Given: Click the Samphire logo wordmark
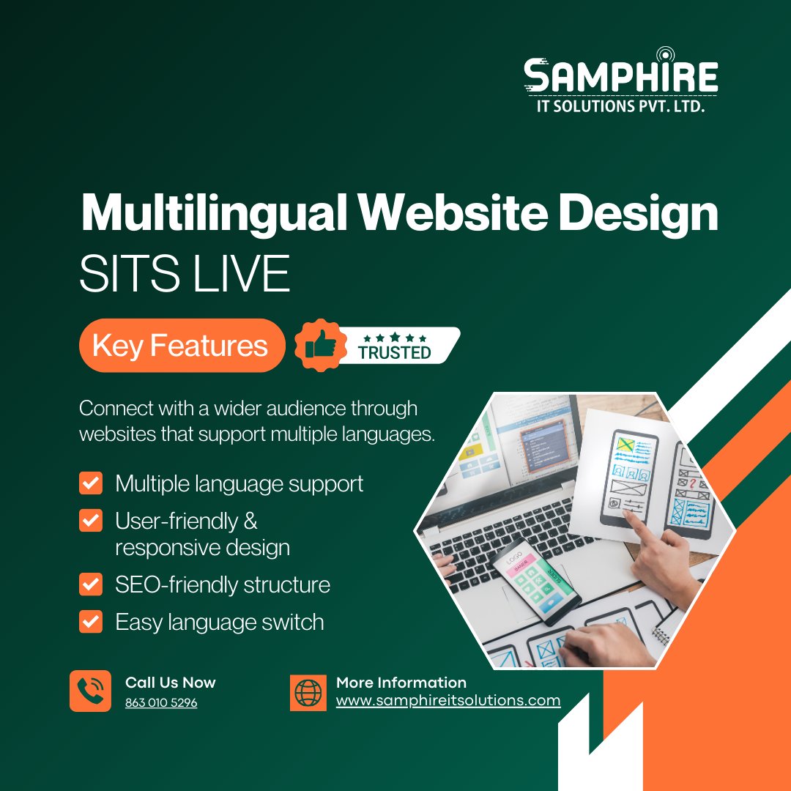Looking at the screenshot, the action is pyautogui.click(x=620, y=75).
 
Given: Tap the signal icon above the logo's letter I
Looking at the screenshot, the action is pyautogui.click(x=665, y=54).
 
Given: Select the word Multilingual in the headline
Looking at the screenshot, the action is pyautogui.click(x=214, y=213).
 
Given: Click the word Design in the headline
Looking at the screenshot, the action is pyautogui.click(x=638, y=213).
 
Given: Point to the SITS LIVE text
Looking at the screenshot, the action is pyautogui.click(x=185, y=273).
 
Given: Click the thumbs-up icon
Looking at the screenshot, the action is pyautogui.click(x=321, y=345).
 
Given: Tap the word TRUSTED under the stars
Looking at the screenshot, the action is pyautogui.click(x=395, y=352).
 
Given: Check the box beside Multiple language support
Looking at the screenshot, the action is pyautogui.click(x=91, y=483).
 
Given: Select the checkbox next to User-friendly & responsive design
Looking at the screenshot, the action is pyautogui.click(x=91, y=520).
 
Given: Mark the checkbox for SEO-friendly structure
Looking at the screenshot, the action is pyautogui.click(x=91, y=584).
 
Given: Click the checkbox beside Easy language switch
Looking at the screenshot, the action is pyautogui.click(x=91, y=622).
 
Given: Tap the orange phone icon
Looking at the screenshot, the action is pyautogui.click(x=90, y=691).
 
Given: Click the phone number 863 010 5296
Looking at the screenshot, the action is pyautogui.click(x=161, y=702).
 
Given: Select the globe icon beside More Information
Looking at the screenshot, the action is pyautogui.click(x=308, y=693).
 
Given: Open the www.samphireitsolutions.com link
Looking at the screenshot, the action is pyautogui.click(x=448, y=700).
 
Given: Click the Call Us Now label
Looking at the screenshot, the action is pyautogui.click(x=171, y=683).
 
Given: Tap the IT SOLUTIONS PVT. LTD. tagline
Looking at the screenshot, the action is pyautogui.click(x=620, y=106).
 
